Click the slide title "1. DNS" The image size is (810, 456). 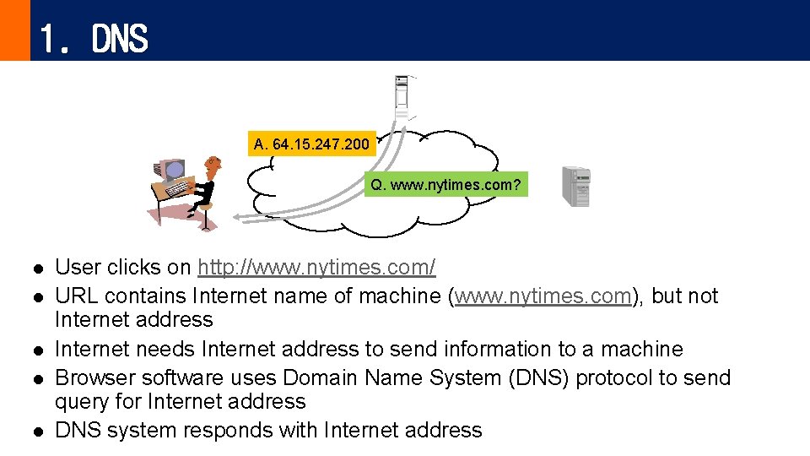[93, 38]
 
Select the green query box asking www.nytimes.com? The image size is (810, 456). [446, 184]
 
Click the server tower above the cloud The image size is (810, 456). [402, 96]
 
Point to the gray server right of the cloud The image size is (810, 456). [577, 187]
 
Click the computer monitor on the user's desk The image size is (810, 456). [172, 172]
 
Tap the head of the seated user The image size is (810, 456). [213, 163]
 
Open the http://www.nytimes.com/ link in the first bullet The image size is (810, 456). [316, 268]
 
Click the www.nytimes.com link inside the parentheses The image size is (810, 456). [543, 296]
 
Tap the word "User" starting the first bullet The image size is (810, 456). [76, 268]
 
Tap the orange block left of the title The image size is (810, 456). [14, 30]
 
